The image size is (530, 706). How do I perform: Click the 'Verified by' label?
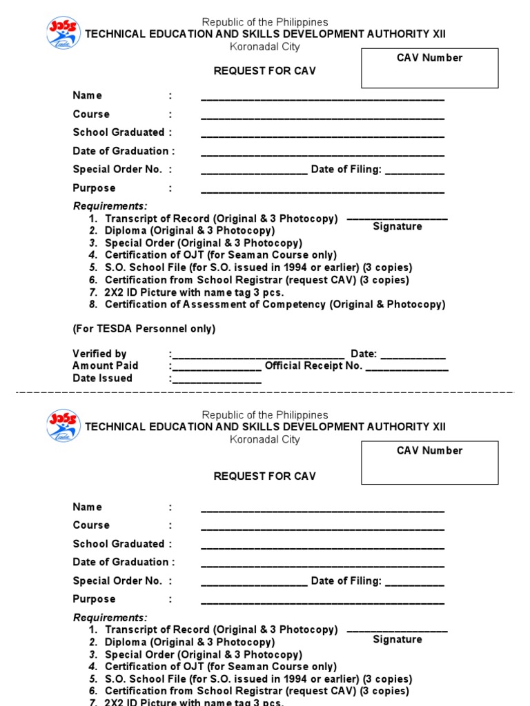[x=99, y=354]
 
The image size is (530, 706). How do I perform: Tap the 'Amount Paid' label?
[x=105, y=366]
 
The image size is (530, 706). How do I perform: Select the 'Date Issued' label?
[x=102, y=379]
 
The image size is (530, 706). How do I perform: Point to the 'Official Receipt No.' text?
[x=313, y=366]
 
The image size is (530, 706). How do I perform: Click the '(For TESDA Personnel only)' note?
[x=144, y=330]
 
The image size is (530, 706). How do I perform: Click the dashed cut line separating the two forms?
[x=265, y=392]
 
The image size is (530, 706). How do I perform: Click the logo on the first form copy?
[x=63, y=32]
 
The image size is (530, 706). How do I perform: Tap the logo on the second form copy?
[x=63, y=425]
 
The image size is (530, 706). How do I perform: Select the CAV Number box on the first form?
[x=429, y=68]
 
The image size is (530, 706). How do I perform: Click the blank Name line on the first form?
[x=322, y=99]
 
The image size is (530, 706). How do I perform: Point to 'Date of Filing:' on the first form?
[x=346, y=170]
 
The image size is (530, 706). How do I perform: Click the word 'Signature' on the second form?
[x=397, y=640]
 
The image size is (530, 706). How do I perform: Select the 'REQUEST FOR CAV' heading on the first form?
[x=265, y=72]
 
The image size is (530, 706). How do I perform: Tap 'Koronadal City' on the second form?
[x=265, y=439]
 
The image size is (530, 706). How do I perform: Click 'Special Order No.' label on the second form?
[x=117, y=581]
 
